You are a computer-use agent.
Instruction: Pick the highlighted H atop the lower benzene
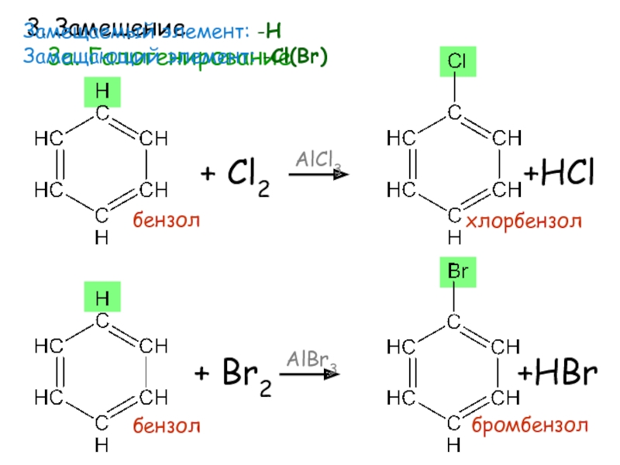coord(102,298)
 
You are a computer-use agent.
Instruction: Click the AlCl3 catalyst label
coord(317,160)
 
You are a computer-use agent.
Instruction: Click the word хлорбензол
coord(523,222)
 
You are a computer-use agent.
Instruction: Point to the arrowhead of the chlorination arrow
coord(341,175)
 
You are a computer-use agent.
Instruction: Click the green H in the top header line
coord(272,32)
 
